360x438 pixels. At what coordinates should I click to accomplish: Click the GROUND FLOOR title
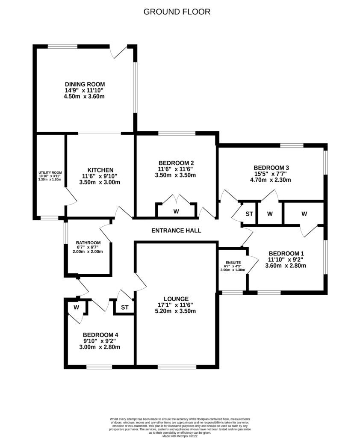pos(177,12)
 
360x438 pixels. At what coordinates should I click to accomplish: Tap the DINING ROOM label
pos(85,84)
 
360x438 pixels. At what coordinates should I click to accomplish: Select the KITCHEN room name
pos(100,169)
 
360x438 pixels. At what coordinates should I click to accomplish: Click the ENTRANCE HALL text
pos(176,231)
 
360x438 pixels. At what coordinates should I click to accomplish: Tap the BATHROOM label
pos(88,243)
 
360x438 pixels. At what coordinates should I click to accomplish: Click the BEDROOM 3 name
pos(271,167)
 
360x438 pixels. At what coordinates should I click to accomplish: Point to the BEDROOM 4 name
pos(100,334)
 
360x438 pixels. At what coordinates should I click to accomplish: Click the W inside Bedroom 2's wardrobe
pos(176,211)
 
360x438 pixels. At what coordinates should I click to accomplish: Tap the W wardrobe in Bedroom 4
pos(76,307)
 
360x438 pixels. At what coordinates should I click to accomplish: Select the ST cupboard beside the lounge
pos(124,307)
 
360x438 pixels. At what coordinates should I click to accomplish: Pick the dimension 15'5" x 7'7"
pos(271,174)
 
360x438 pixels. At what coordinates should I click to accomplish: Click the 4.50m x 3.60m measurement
pos(85,97)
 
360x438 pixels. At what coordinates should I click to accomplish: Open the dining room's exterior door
pos(118,51)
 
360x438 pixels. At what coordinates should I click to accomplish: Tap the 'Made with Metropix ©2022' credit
pos(180,436)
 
